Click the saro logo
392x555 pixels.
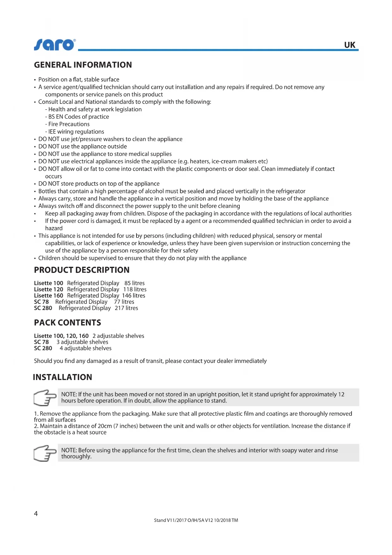click(x=55, y=45)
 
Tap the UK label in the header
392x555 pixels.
click(x=350, y=45)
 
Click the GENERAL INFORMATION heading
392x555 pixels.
click(x=83, y=65)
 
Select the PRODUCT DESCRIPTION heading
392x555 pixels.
click(x=81, y=270)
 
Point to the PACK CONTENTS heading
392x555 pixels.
click(x=67, y=322)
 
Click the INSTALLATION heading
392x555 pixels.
click(x=63, y=377)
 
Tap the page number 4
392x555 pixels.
click(x=36, y=514)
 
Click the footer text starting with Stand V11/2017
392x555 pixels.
click(x=196, y=520)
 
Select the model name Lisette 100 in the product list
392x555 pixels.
click(x=49, y=283)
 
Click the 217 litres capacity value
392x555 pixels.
click(x=126, y=308)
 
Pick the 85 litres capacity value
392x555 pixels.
click(x=135, y=283)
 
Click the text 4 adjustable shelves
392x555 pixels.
click(x=86, y=348)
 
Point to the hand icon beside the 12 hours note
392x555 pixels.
click(x=45, y=397)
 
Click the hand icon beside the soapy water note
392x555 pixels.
click(x=45, y=453)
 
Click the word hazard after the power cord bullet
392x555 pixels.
click(x=54, y=228)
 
